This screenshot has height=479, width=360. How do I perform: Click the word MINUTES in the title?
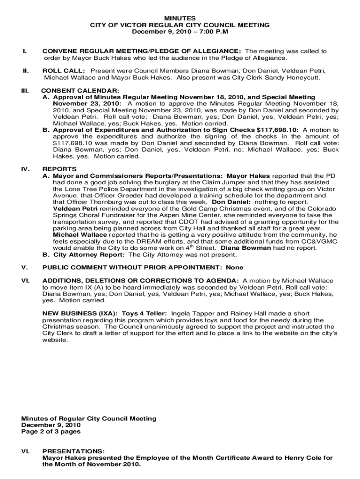(x=180, y=17)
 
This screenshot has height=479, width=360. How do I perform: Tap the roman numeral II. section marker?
(x=26, y=71)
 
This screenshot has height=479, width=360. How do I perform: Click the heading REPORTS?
(x=59, y=169)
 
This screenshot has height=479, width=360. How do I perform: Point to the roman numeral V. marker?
(x=25, y=268)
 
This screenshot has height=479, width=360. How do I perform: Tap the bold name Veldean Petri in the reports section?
(x=75, y=208)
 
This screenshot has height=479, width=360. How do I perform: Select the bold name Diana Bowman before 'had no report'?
(x=245, y=248)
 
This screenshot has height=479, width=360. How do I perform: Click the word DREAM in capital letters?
(x=153, y=241)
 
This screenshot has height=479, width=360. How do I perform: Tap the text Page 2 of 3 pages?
(x=51, y=432)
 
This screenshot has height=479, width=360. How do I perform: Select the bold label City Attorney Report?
(x=89, y=255)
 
